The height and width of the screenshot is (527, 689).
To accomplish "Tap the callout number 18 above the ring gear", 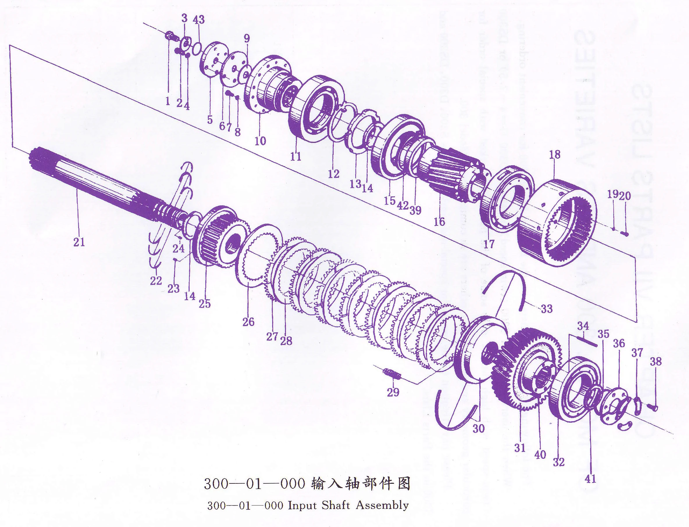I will pyautogui.click(x=555, y=154).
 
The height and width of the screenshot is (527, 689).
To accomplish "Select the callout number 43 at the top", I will pyautogui.click(x=198, y=19).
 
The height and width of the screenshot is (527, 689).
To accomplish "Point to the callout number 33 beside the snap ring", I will pyautogui.click(x=547, y=309).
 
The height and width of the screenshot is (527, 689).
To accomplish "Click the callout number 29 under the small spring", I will pyautogui.click(x=393, y=392).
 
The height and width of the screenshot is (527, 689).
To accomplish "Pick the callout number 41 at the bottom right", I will pyautogui.click(x=590, y=479).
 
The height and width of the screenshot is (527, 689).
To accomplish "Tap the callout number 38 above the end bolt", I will pyautogui.click(x=655, y=361).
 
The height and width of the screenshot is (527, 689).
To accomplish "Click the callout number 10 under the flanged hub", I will pyautogui.click(x=260, y=141).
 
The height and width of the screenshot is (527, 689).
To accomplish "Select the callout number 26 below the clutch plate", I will pyautogui.click(x=248, y=322).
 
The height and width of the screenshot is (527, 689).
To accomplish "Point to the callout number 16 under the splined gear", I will pyautogui.click(x=439, y=222).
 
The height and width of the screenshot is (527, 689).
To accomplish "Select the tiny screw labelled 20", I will pyautogui.click(x=625, y=233).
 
